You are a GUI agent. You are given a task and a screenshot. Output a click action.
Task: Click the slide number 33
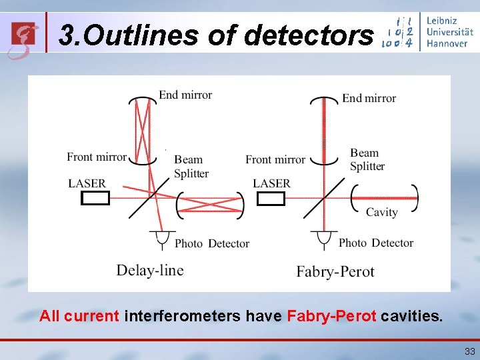coord(469,351)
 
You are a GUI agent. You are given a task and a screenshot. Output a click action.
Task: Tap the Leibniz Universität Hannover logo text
coord(447,31)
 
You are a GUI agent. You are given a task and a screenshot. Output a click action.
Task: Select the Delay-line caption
coord(149,270)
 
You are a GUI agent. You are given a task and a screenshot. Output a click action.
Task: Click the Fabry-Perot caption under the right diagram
coord(335,271)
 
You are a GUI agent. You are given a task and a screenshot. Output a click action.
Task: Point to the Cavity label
coord(381,212)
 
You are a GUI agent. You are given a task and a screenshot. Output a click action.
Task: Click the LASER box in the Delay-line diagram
coord(95,198)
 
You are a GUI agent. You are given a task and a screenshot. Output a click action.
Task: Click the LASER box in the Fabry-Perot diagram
coord(271,199)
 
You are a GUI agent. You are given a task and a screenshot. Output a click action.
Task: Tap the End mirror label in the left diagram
coord(185,95)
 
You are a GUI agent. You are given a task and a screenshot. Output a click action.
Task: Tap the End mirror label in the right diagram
coord(369,98)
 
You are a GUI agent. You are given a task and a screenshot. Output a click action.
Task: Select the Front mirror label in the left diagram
coord(97,157)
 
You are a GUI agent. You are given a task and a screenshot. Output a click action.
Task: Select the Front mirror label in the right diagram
coord(275,159)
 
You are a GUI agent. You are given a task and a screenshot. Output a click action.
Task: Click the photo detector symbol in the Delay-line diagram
coord(160,237)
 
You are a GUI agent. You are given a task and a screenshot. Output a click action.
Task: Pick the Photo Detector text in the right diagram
coord(376,243)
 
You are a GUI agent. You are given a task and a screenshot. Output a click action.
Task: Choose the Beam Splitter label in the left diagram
coord(191,166)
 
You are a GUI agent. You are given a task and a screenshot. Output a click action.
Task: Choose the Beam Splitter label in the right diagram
coord(367,159)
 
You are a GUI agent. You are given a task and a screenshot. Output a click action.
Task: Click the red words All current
coord(79,315)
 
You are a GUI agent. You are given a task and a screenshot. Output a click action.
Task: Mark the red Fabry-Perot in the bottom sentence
coord(331,315)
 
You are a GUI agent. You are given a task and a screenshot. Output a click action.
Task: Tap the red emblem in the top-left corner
coord(23,37)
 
